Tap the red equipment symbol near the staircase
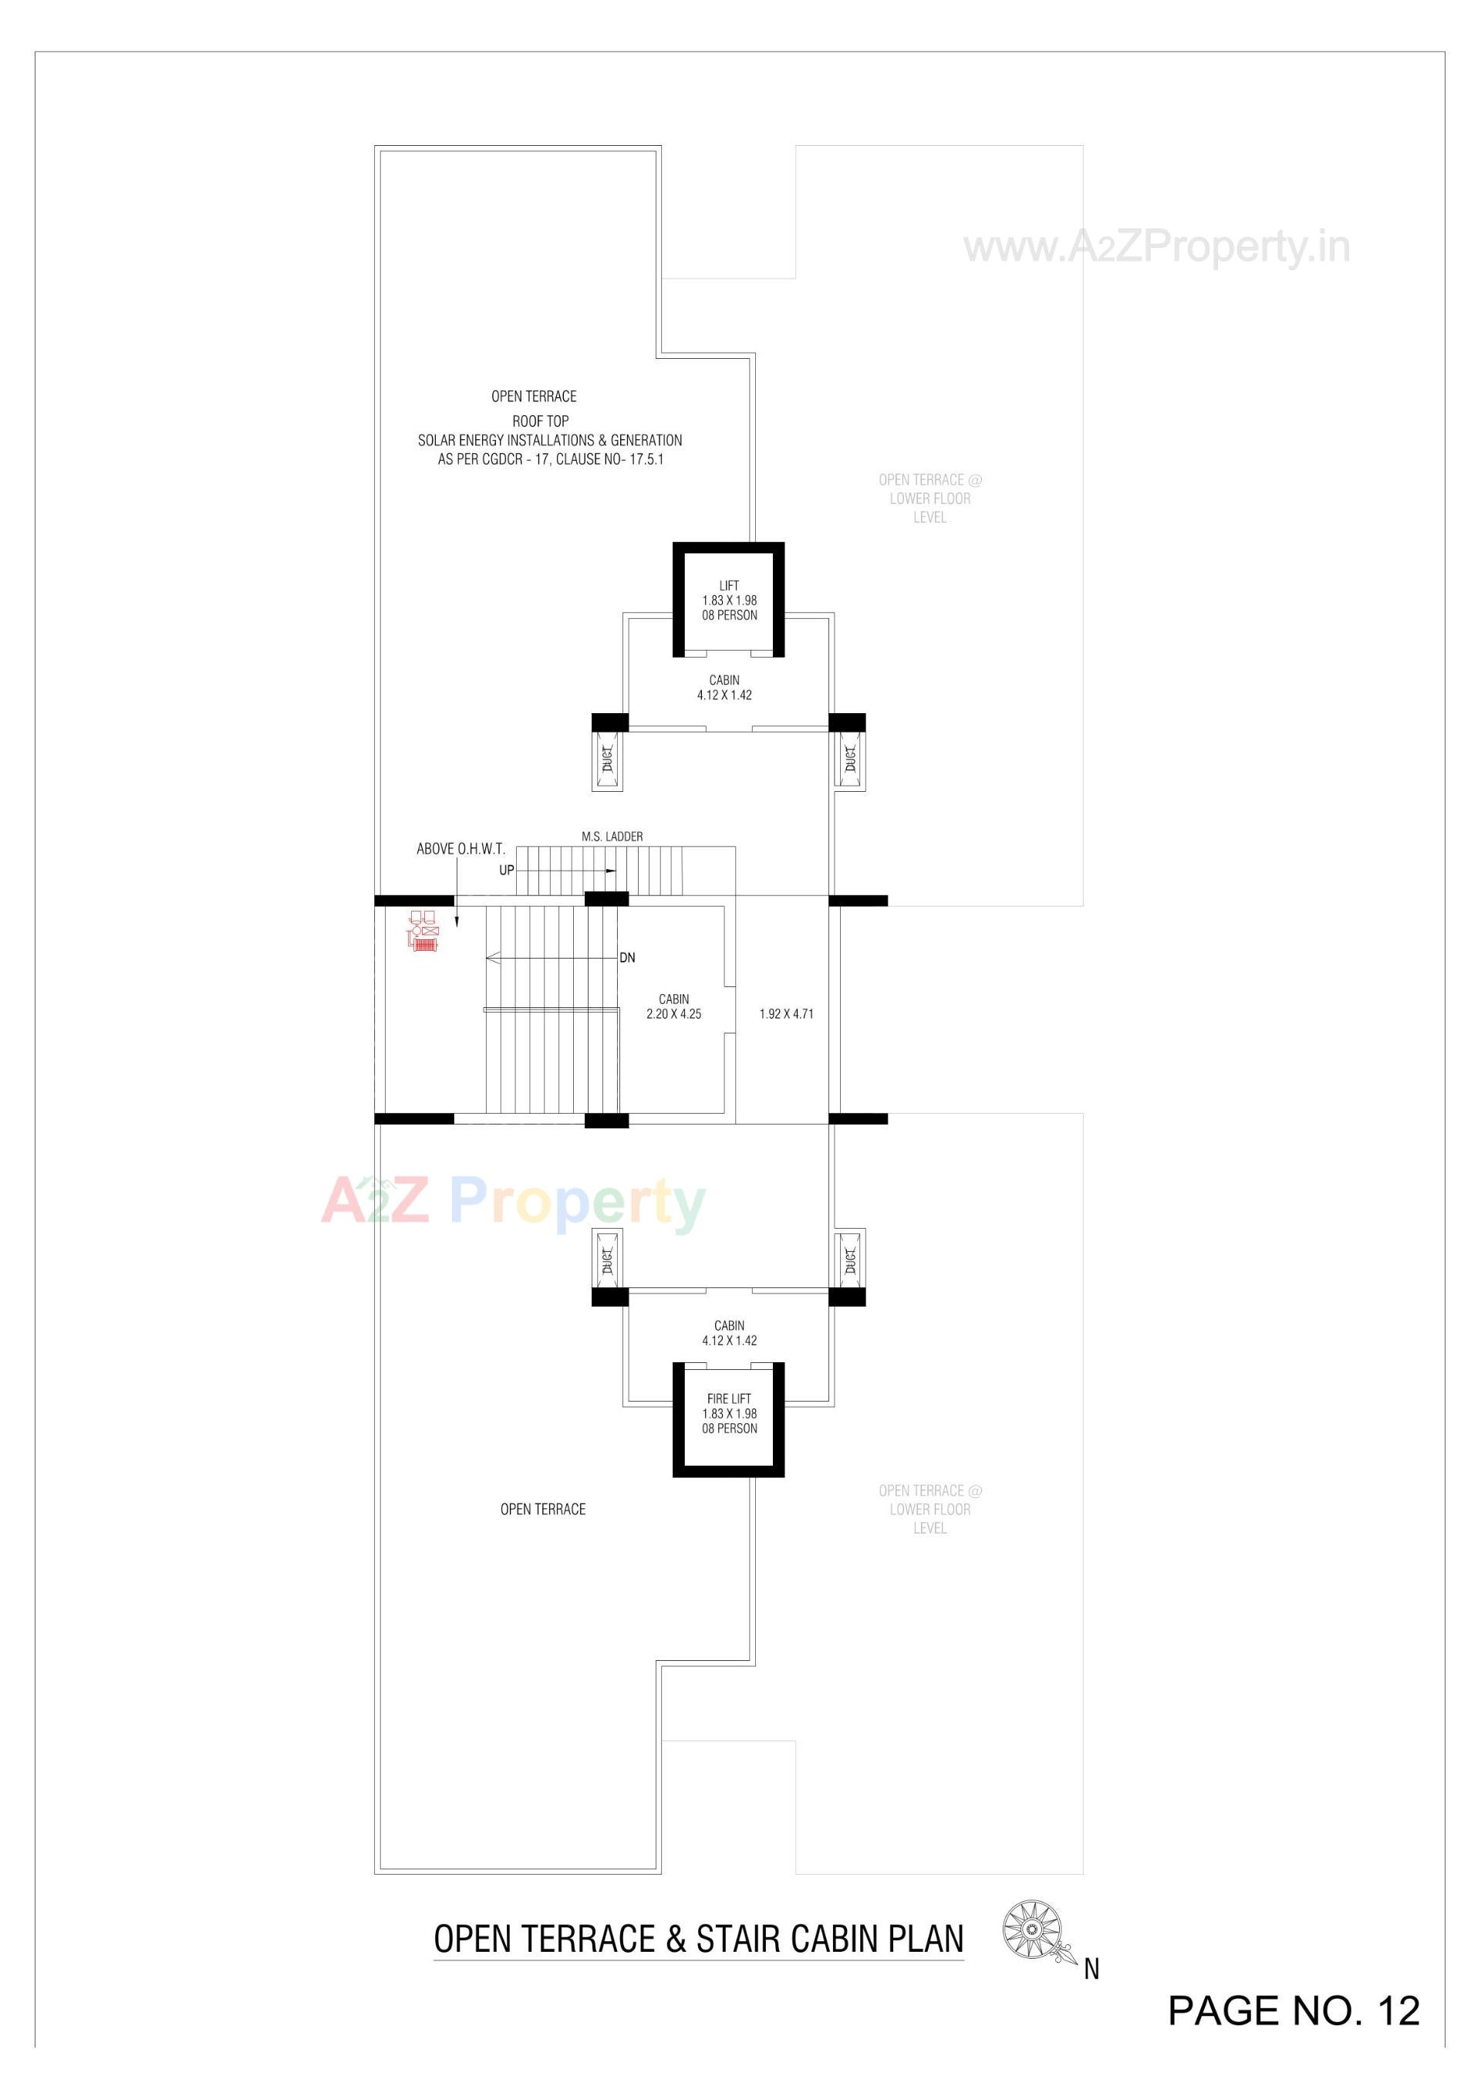[423, 932]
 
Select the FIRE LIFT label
[729, 1399]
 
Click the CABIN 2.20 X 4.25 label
[674, 1006]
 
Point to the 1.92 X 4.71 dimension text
[786, 1014]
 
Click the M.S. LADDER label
[612, 837]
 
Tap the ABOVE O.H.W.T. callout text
[460, 850]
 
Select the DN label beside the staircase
[627, 958]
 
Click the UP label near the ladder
[507, 871]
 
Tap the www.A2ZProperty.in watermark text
[1157, 248]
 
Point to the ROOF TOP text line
[540, 421]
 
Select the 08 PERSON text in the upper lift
[729, 616]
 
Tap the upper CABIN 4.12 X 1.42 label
[724, 688]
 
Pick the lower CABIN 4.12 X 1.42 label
[729, 1333]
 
